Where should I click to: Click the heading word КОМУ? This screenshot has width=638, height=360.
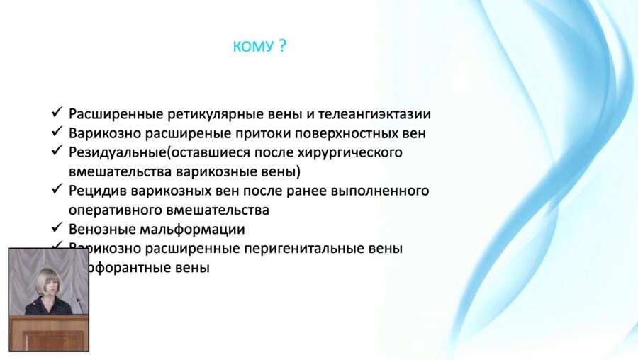pyautogui.click(x=253, y=47)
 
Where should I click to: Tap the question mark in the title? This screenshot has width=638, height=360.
pyautogui.click(x=282, y=47)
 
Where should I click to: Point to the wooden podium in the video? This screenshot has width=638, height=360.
pyautogui.click(x=48, y=332)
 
